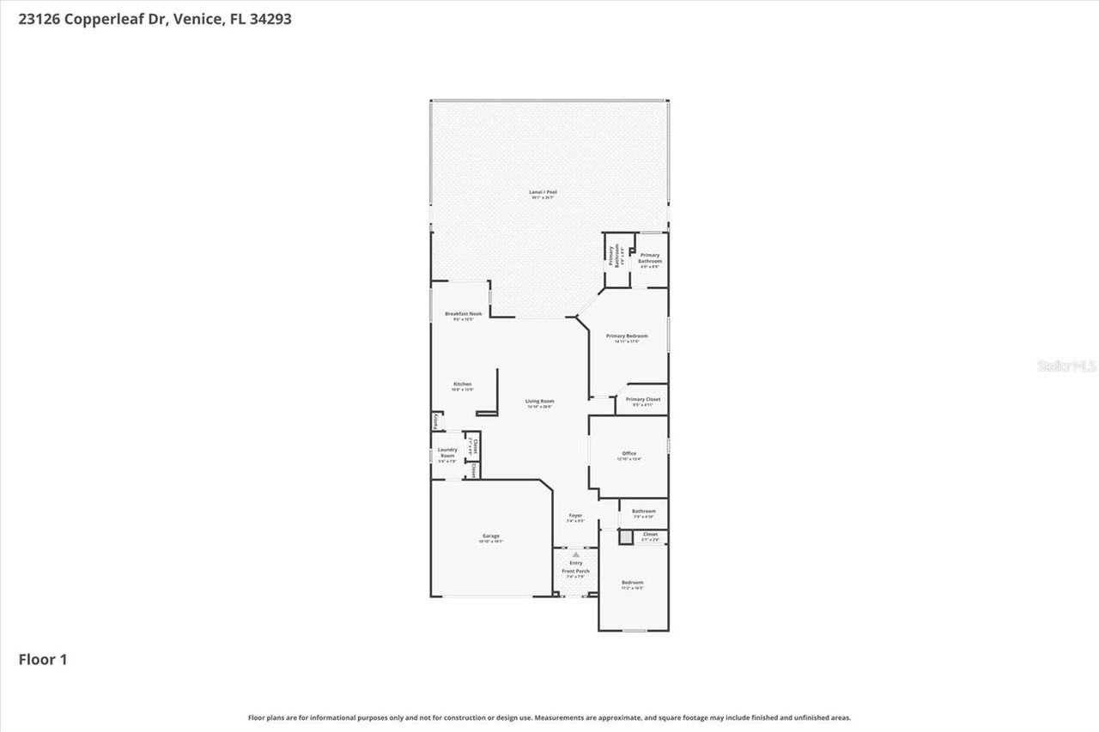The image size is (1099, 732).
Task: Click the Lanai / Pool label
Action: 543,192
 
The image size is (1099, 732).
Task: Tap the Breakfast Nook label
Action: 463,314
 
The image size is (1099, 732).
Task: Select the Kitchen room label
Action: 463,384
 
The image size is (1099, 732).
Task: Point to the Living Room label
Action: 540,401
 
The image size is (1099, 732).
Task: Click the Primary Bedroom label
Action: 627,336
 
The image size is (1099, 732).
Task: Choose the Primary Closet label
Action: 642,399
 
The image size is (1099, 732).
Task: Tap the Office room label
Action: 629,453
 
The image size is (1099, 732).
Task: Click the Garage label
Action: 490,536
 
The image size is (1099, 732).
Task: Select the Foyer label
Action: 575,516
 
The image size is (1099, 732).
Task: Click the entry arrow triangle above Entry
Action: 575,554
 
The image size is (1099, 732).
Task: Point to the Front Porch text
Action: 575,571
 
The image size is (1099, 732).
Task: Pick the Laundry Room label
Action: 447,452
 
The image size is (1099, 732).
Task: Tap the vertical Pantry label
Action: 436,421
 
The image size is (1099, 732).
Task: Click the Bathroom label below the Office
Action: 644,511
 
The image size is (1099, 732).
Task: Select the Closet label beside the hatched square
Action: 650,534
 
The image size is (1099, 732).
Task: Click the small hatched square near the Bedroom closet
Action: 625,537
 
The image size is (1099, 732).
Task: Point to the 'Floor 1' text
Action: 43,659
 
